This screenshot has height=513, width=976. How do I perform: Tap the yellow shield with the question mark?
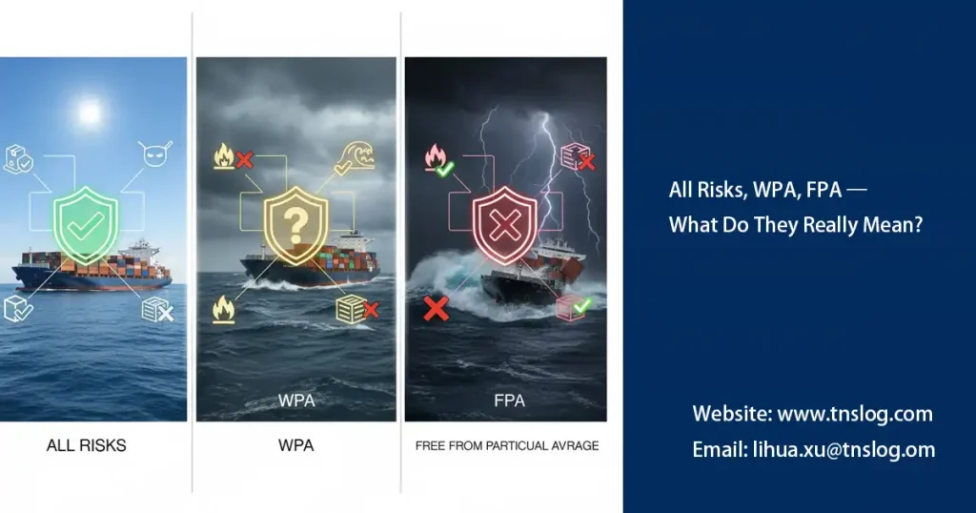point(295,224)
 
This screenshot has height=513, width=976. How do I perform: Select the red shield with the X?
point(503,225)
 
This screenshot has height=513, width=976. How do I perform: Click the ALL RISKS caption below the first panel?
point(86,445)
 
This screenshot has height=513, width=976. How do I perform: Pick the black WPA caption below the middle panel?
point(295,445)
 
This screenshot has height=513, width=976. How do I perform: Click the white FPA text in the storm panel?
point(509,400)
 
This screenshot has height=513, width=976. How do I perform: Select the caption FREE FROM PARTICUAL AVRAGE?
point(507,445)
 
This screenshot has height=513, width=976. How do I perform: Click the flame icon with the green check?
point(437,160)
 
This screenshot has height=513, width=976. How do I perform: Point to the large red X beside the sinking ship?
point(436,308)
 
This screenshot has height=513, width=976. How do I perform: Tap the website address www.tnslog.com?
point(812,414)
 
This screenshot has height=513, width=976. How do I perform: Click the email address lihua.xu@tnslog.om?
point(813,450)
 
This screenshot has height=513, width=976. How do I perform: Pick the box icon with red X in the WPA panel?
point(355,307)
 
